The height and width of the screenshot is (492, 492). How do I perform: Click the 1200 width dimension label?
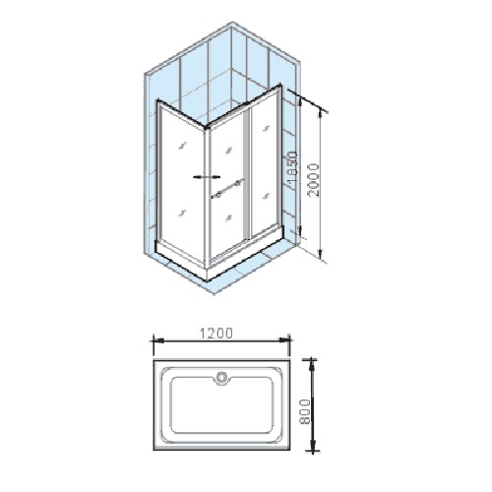pos(216,333)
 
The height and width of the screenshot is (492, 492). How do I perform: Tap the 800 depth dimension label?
pos(305,412)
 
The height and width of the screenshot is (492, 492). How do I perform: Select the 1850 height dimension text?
pos(291,167)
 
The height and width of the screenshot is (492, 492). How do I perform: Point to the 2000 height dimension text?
pos(313,180)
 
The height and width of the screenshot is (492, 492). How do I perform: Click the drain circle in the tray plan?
pos(223,376)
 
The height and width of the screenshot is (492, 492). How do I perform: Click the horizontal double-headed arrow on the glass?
pos(207,177)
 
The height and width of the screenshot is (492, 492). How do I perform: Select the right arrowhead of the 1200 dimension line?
pos(283,339)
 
